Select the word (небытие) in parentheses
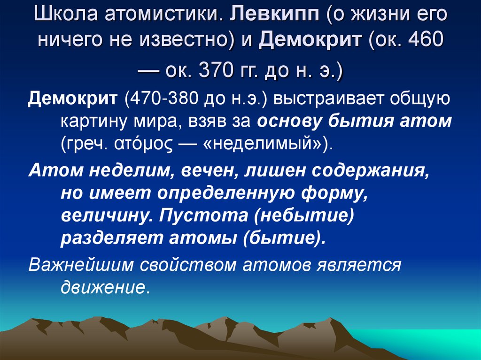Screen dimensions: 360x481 click(x=299, y=215)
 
